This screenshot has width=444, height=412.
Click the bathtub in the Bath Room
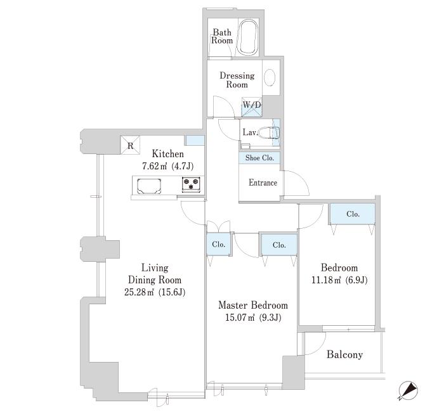pyautogui.click(x=247, y=37)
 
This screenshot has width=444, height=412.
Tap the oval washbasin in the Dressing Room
pyautogui.click(x=270, y=77)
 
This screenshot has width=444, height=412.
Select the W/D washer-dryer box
pyautogui.click(x=251, y=107)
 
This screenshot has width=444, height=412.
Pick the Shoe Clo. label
pyautogui.click(x=259, y=158)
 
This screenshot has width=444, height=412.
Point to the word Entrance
pyautogui.click(x=263, y=183)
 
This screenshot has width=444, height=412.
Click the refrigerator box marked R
pyautogui.click(x=130, y=145)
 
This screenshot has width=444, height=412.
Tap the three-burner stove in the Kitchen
pyautogui.click(x=191, y=184)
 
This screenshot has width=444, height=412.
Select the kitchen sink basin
pyautogui.click(x=149, y=186)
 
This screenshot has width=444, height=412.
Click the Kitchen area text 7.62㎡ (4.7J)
pyautogui.click(x=168, y=166)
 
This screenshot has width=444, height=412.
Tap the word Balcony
pyautogui.click(x=344, y=354)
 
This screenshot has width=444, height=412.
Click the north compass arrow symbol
pyautogui.click(x=408, y=391)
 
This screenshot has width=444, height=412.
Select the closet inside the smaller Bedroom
pyautogui.click(x=353, y=214)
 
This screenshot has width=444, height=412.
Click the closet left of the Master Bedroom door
pyautogui.click(x=219, y=244)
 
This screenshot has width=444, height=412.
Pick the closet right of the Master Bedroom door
pyautogui.click(x=279, y=245)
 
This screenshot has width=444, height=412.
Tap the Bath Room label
pyautogui.click(x=222, y=36)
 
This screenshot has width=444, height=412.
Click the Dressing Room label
pyautogui.click(x=237, y=80)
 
